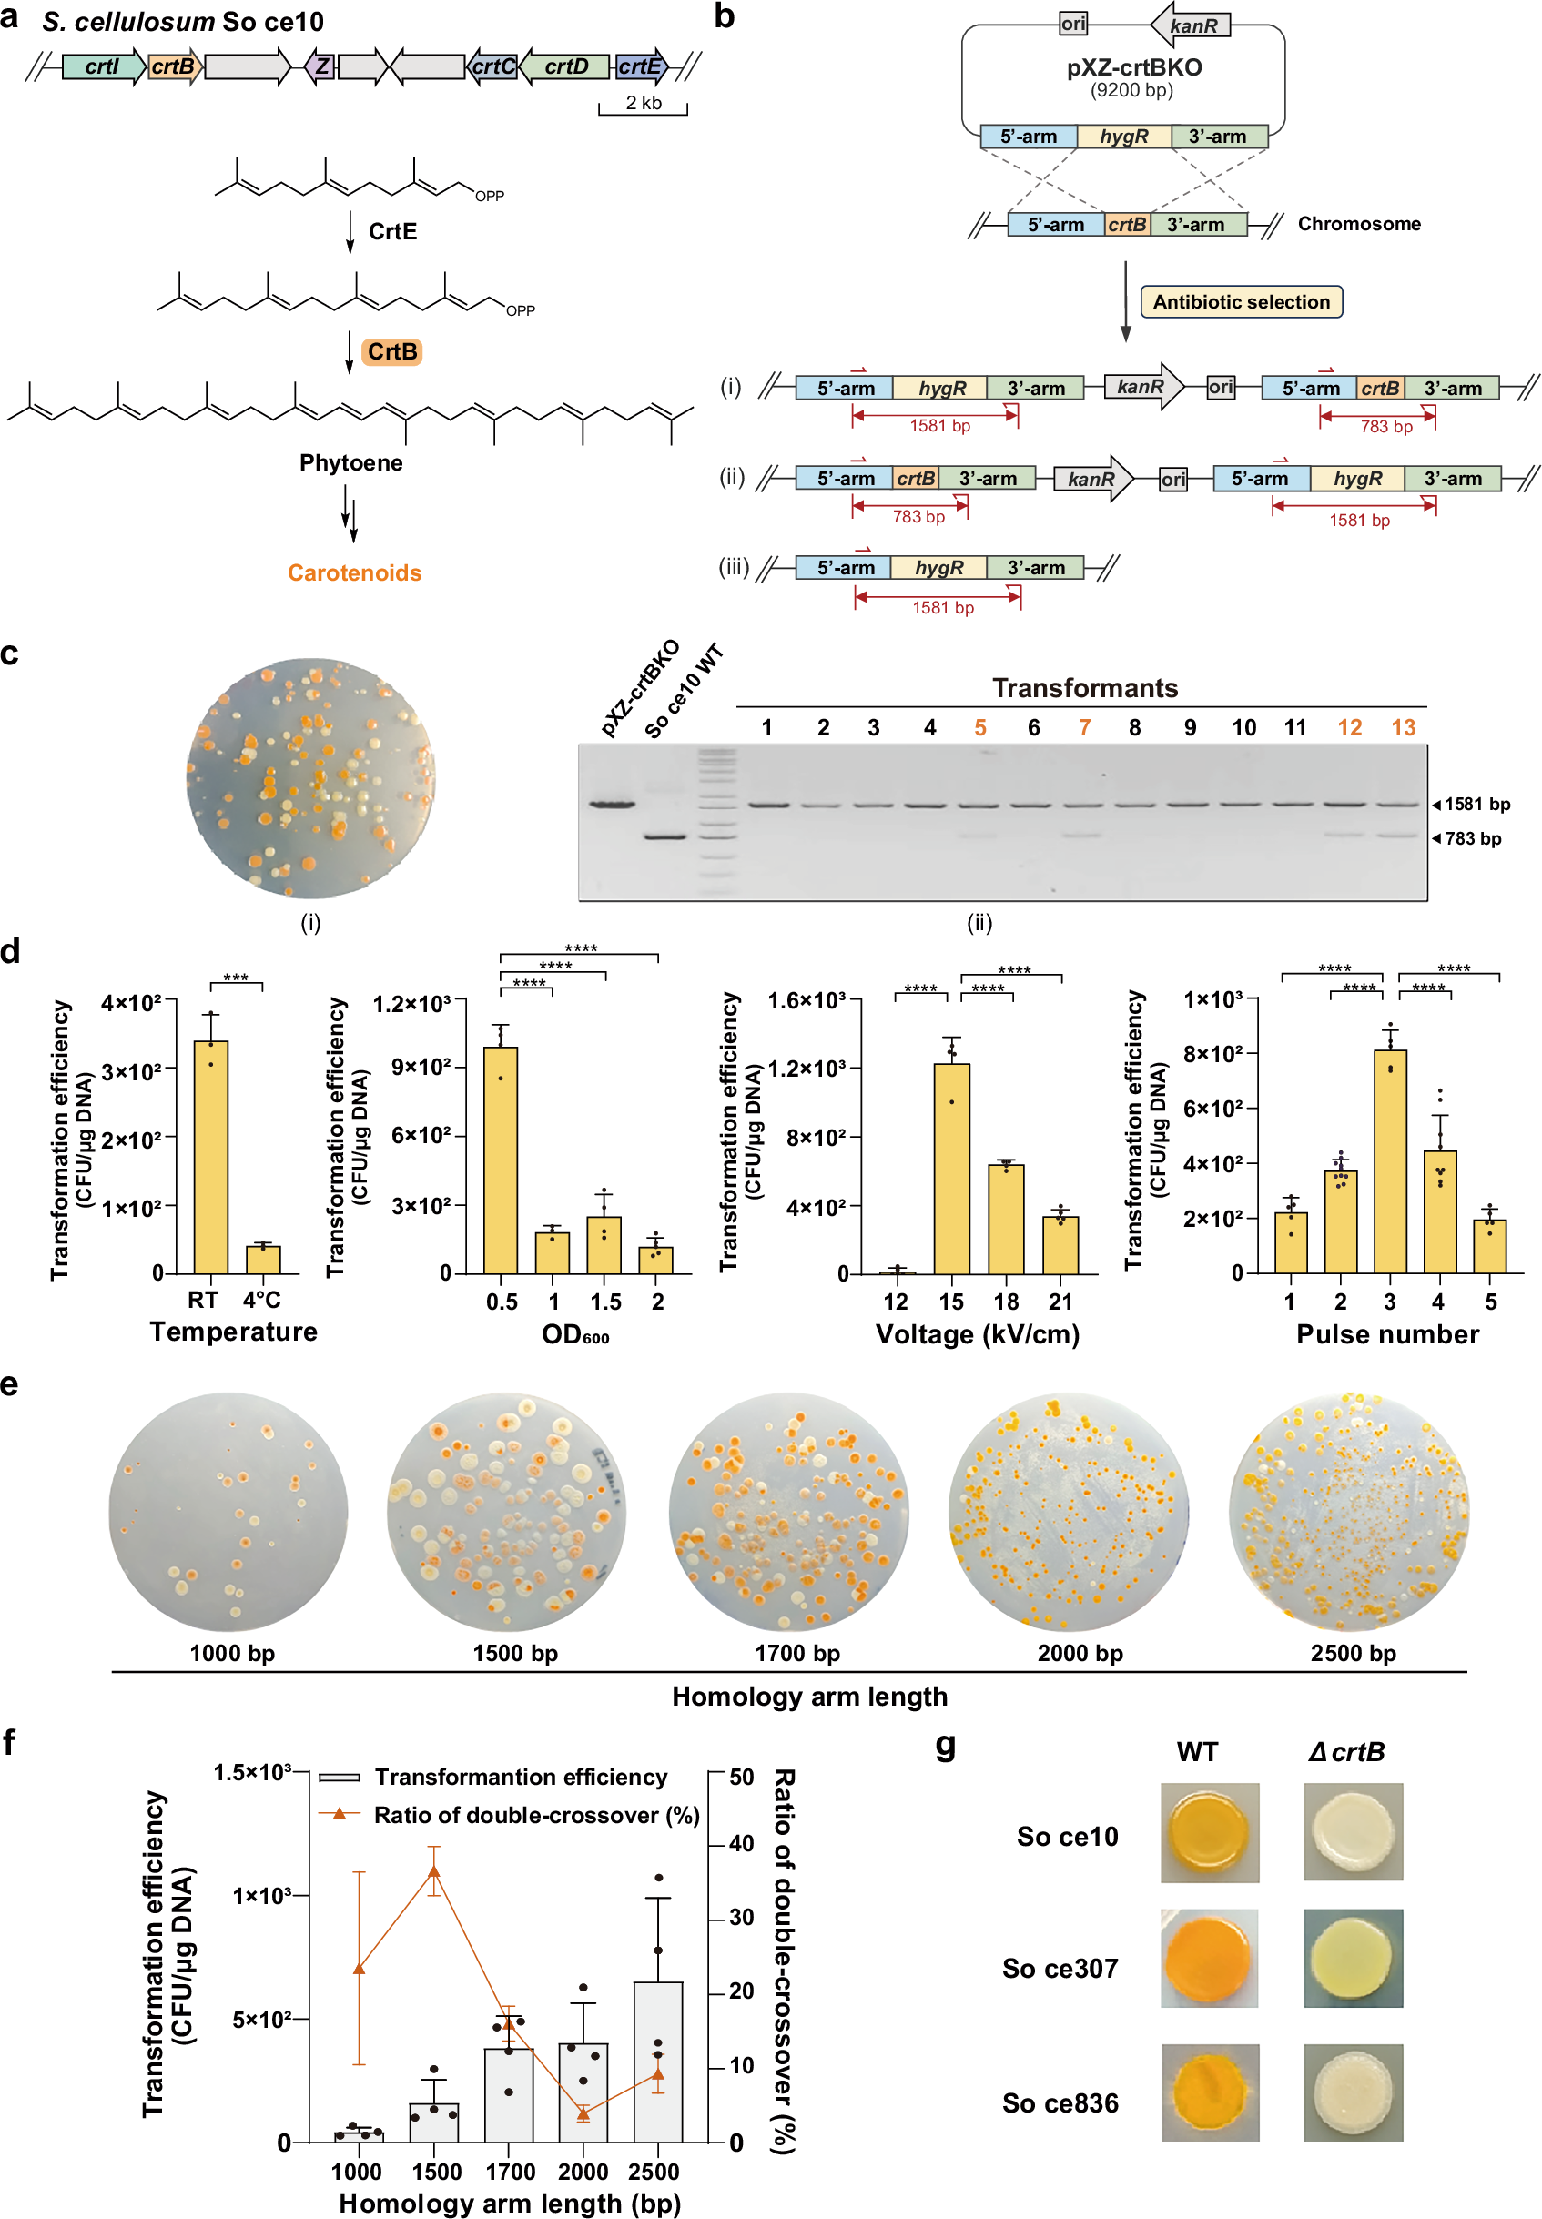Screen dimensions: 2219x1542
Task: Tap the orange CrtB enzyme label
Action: tap(391, 351)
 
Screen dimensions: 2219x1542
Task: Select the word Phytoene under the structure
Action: tap(350, 462)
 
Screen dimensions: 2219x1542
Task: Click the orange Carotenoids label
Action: tap(355, 572)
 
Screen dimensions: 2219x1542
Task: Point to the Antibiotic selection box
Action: tap(1241, 301)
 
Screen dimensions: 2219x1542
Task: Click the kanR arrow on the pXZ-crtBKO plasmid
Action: tap(1190, 25)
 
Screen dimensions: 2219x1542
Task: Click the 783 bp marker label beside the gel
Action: tap(1473, 838)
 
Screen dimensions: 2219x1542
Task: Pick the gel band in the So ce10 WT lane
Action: tap(664, 836)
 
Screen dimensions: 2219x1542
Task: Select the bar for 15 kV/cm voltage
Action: tap(951, 1168)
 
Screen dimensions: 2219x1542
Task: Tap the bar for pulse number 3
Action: tap(1389, 1160)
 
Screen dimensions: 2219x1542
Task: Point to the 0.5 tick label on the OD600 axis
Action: tap(502, 1302)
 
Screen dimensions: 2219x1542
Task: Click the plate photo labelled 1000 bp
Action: tap(228, 1511)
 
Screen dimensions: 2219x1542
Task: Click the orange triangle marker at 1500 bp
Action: tap(434, 1871)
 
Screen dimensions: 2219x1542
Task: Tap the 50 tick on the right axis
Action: tap(741, 1777)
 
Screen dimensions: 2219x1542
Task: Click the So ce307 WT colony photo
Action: tap(1209, 1958)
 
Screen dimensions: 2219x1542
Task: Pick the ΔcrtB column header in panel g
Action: tap(1346, 1751)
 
